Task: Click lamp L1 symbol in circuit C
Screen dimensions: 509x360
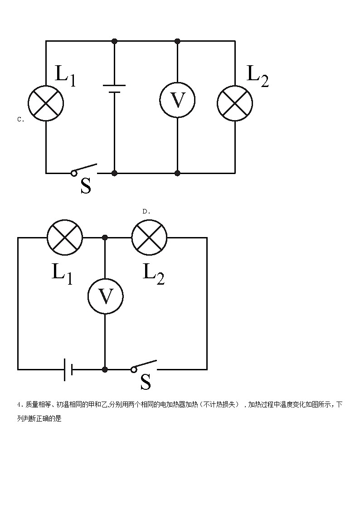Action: click(x=46, y=103)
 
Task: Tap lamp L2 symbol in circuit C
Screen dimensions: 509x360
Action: click(x=235, y=103)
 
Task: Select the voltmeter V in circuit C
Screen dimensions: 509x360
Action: click(x=177, y=101)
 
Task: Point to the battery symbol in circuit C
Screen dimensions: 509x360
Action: click(x=114, y=88)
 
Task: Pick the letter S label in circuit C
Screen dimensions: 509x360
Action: click(x=86, y=185)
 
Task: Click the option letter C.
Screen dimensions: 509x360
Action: click(x=20, y=120)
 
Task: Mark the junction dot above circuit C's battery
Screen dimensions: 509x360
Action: click(x=114, y=41)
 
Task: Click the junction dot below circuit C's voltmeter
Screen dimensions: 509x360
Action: click(x=177, y=173)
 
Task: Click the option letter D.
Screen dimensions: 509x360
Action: click(x=146, y=211)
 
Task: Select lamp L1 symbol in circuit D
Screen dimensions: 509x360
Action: click(x=65, y=237)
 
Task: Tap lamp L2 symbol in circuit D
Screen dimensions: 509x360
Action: click(x=149, y=237)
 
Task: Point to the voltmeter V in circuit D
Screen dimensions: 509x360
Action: click(x=105, y=296)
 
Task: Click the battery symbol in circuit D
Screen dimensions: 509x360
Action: click(x=68, y=369)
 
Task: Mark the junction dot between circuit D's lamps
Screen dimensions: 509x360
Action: click(x=105, y=237)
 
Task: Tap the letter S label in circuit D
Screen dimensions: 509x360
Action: click(x=146, y=382)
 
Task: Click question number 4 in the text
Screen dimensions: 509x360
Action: click(x=19, y=405)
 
